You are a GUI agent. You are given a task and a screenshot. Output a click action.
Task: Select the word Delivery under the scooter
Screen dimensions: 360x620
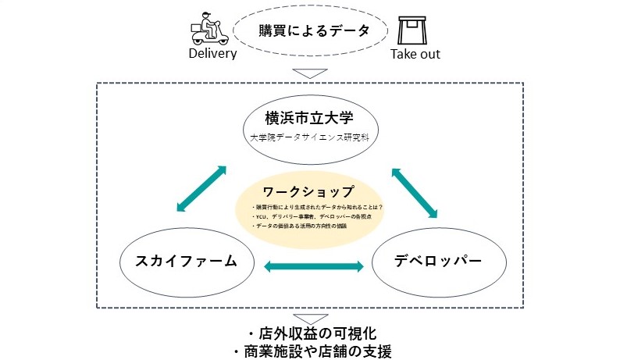pos(212,55)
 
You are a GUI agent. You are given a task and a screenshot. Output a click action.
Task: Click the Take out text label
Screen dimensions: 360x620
pos(415,55)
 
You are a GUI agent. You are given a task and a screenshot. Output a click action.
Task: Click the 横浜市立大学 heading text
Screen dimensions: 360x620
pos(310,119)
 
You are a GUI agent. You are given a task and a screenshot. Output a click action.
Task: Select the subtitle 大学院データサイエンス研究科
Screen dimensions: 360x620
pos(310,137)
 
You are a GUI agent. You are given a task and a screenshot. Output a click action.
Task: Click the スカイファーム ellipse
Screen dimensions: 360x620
pos(188,262)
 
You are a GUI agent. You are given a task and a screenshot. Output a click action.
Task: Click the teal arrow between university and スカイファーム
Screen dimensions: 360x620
pos(201,187)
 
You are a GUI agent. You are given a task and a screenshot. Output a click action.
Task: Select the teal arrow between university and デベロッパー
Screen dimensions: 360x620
pos(413,191)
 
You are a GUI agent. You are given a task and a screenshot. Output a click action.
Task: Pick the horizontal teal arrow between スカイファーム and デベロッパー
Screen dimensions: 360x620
pos(314,267)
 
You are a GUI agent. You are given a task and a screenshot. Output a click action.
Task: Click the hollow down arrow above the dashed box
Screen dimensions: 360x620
pos(310,75)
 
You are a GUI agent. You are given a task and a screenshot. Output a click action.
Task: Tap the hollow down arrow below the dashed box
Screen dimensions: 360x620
pos(310,319)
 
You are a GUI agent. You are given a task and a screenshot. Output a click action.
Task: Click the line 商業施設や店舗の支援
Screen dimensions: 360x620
pos(310,351)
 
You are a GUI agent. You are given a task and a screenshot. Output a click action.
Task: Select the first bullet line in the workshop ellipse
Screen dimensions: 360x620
pos(312,207)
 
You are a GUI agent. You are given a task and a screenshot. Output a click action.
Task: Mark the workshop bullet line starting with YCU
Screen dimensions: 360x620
pos(309,216)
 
